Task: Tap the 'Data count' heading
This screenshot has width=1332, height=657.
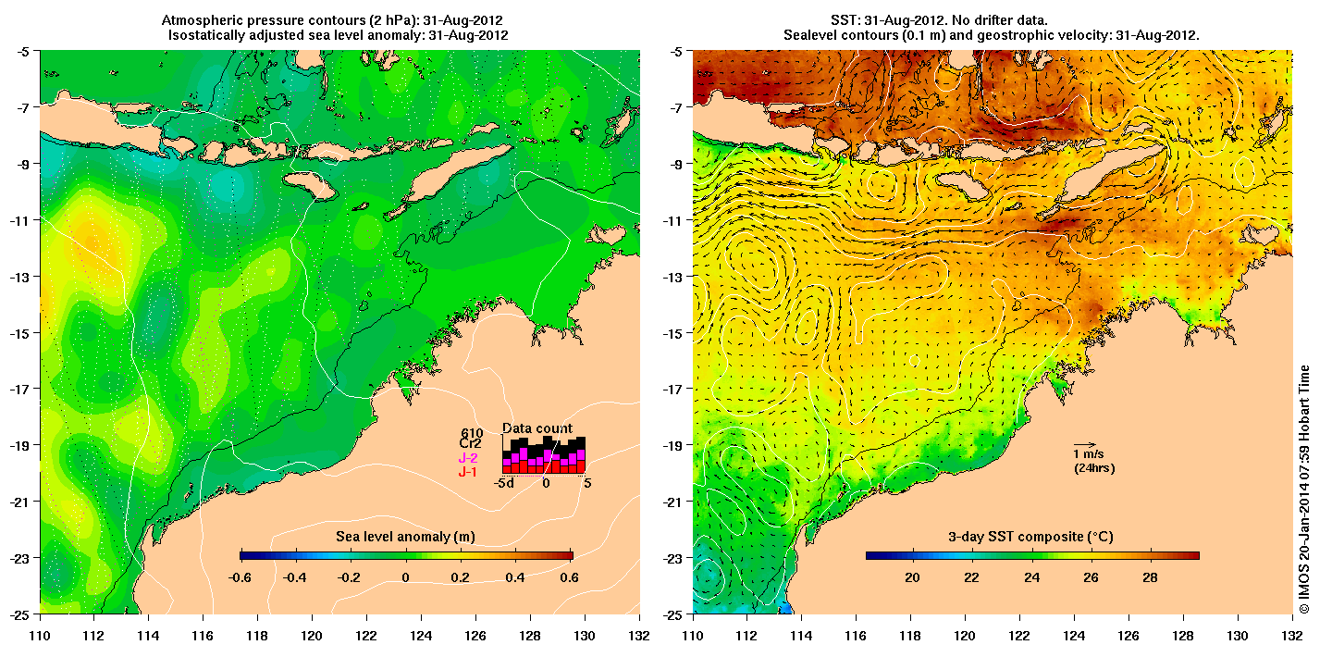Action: click(x=537, y=428)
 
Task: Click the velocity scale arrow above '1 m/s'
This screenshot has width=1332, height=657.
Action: click(x=1084, y=444)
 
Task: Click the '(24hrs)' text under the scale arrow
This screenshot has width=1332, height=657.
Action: click(x=1092, y=468)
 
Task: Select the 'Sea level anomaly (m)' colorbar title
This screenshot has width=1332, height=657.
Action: click(x=406, y=537)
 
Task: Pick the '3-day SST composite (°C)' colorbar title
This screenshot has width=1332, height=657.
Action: click(x=1031, y=537)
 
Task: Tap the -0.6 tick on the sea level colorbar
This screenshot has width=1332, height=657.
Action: click(x=240, y=577)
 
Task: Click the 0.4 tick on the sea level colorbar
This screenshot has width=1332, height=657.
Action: click(x=515, y=577)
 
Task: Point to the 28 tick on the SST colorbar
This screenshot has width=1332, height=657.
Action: click(x=1151, y=577)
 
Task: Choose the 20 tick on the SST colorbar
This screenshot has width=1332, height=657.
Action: click(x=911, y=577)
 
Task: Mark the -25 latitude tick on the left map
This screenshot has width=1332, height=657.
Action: click(x=19, y=614)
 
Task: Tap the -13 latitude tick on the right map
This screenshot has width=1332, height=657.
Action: click(x=673, y=277)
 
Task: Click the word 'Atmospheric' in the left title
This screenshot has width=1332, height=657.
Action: click(x=201, y=19)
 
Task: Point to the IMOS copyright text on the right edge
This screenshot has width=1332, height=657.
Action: click(x=1304, y=490)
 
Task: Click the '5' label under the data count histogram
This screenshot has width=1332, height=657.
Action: click(x=586, y=482)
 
